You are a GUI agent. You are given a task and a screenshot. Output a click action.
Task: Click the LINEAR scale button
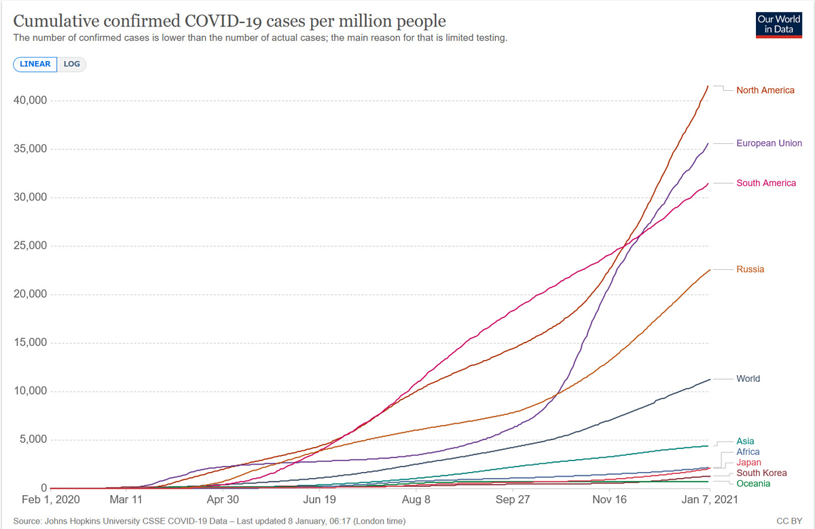[x=35, y=64]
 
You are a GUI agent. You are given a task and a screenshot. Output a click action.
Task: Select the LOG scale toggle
[x=72, y=64]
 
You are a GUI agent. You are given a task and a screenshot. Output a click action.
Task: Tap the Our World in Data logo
[x=778, y=25]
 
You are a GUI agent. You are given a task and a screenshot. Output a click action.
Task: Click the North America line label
[x=765, y=90]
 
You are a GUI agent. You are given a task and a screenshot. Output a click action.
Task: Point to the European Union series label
[x=769, y=143]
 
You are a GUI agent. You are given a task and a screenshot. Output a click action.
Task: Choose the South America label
[x=766, y=182]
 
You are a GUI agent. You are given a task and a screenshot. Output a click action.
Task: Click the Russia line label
[x=750, y=269]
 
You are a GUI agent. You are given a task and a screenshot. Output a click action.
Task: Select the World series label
[x=748, y=378]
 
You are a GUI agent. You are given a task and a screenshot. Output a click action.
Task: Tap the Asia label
[x=745, y=441]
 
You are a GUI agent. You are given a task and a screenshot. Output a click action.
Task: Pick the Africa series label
[x=748, y=452]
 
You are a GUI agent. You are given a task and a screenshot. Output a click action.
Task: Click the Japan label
[x=748, y=462]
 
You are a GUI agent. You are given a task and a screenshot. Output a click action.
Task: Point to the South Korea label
[x=761, y=473]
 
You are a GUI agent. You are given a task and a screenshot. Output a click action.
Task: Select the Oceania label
[x=753, y=484]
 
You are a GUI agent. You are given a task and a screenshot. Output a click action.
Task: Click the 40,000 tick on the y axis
[x=30, y=100]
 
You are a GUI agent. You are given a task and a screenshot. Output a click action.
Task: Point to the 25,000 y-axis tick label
[x=30, y=246]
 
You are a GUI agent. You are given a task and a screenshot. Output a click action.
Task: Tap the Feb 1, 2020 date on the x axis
[x=50, y=500]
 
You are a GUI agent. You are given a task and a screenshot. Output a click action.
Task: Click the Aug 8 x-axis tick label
[x=416, y=500]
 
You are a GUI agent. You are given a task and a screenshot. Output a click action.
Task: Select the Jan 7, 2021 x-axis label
[x=710, y=500]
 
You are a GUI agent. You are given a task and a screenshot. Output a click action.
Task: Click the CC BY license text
[x=789, y=521]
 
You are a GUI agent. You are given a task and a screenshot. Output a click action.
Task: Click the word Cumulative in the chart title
[x=56, y=21]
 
